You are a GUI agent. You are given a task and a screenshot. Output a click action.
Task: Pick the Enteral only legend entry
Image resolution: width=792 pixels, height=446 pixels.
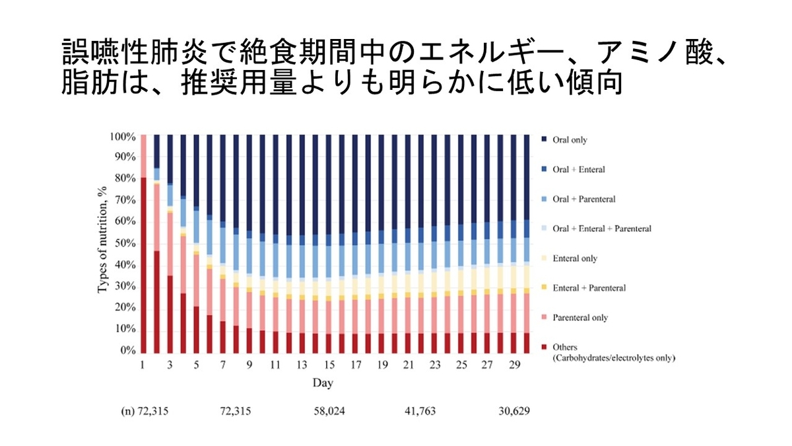(576, 258)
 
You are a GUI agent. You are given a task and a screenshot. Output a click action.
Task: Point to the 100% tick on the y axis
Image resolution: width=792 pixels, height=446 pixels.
(123, 136)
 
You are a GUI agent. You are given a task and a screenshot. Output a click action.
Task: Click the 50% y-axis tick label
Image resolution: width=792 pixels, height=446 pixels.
(125, 243)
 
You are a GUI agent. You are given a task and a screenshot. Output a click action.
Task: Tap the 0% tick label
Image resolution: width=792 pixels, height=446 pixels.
(128, 350)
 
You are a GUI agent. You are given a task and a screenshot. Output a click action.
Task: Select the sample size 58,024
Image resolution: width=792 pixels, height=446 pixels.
(329, 411)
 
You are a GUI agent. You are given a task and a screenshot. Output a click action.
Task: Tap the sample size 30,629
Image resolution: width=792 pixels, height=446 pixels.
(515, 411)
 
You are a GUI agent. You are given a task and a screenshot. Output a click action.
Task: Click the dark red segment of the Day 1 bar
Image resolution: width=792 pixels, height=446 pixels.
(143, 264)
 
